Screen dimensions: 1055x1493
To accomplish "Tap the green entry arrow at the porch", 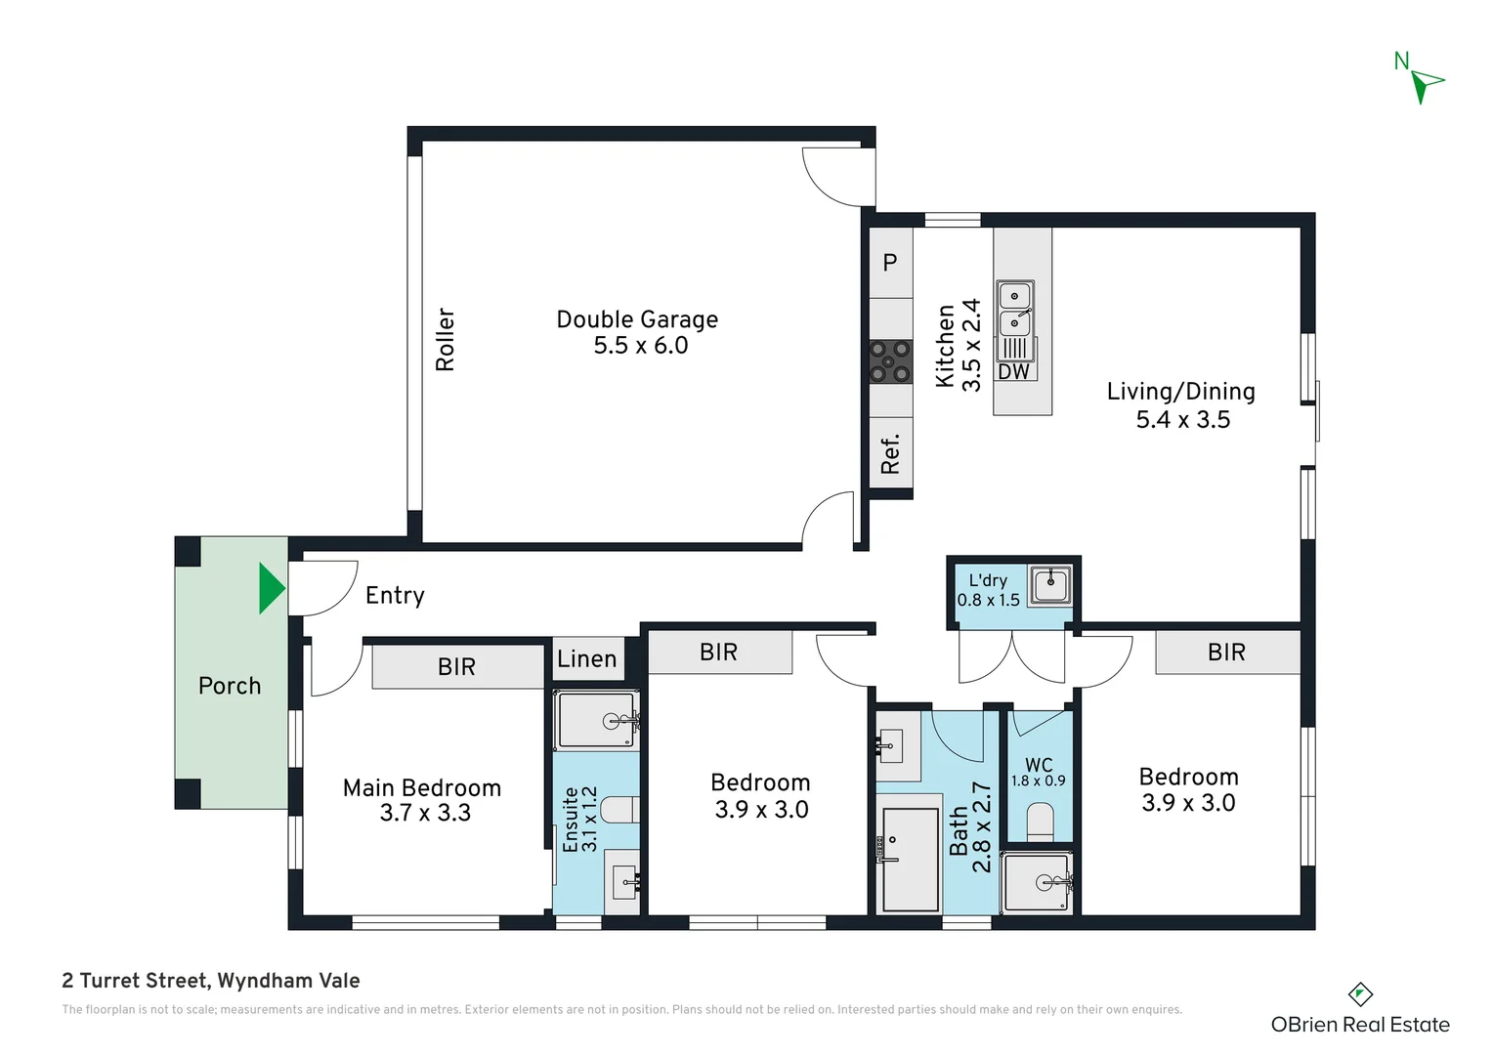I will point(270,588).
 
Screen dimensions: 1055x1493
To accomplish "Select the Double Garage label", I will point(637,319).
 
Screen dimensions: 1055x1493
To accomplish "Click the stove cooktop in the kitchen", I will point(890,361).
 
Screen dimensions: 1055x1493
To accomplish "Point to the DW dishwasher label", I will point(1013,372).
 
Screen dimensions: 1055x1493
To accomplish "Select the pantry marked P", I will point(890,263).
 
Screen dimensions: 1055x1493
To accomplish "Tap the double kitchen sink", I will point(1015,309).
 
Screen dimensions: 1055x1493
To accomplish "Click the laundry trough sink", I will point(1050,585).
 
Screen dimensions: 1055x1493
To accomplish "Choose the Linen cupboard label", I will point(586,659).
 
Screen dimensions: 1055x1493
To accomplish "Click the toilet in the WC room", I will point(1040,822).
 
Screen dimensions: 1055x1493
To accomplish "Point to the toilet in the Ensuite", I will point(619,810).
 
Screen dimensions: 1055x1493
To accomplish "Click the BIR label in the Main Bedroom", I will point(456,667).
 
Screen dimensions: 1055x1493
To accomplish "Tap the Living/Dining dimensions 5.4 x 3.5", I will point(1182,420).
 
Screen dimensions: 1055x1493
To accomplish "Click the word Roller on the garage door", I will point(445,339).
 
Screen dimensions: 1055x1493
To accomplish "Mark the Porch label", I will point(230,686).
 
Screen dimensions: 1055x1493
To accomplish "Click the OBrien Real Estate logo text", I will point(1359,1025).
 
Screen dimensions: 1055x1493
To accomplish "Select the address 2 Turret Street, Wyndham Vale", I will point(211,981).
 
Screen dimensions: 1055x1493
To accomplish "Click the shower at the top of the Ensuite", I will point(597,721).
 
